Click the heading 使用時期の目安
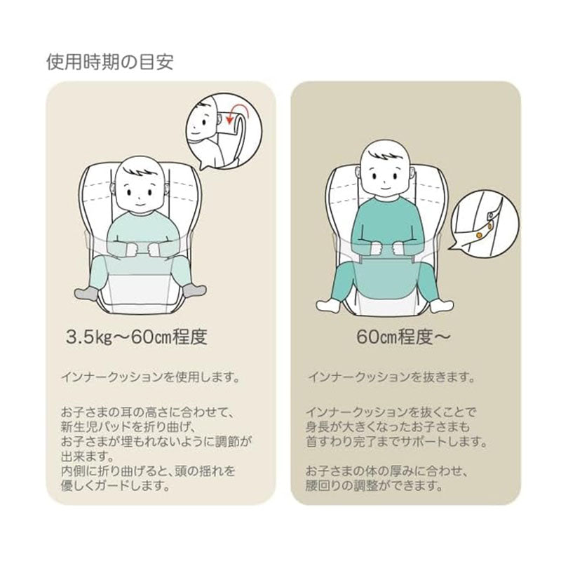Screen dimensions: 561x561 pyautogui.click(x=110, y=62)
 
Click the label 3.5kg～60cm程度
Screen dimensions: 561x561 pyautogui.click(x=136, y=337)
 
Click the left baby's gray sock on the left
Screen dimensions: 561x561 pyautogui.click(x=86, y=292)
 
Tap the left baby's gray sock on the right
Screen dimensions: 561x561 pyautogui.click(x=194, y=290)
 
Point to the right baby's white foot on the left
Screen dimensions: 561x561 pyautogui.click(x=329, y=305)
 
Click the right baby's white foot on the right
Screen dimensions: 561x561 pyautogui.click(x=441, y=305)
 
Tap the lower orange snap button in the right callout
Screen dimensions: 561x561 pyautogui.click(x=479, y=234)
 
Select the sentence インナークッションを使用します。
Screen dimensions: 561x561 pyautogui.click(x=150, y=377)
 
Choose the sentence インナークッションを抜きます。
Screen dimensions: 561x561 pyautogui.click(x=391, y=377)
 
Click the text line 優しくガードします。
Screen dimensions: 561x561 pyautogui.click(x=115, y=485)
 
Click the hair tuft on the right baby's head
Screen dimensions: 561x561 pyautogui.click(x=383, y=155)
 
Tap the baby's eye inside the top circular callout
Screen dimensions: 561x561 pyautogui.click(x=204, y=122)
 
